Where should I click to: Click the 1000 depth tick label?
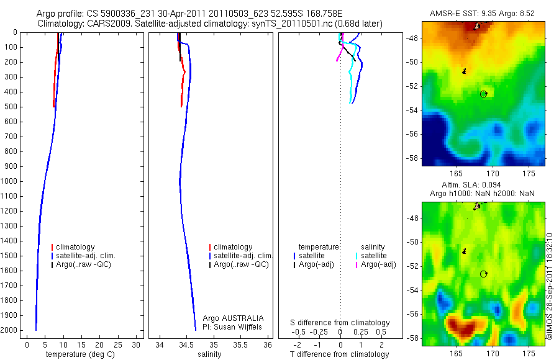click(9, 181)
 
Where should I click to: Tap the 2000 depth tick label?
click(9, 330)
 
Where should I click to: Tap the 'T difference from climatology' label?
click(340, 354)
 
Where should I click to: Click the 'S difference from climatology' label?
click(340, 323)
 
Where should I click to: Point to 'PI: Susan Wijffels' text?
click(233, 326)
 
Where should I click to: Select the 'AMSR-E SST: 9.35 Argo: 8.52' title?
click(483, 14)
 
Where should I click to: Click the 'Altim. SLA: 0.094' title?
click(483, 185)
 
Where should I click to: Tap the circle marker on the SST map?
click(483, 94)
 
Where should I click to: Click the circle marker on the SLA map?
click(483, 274)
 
